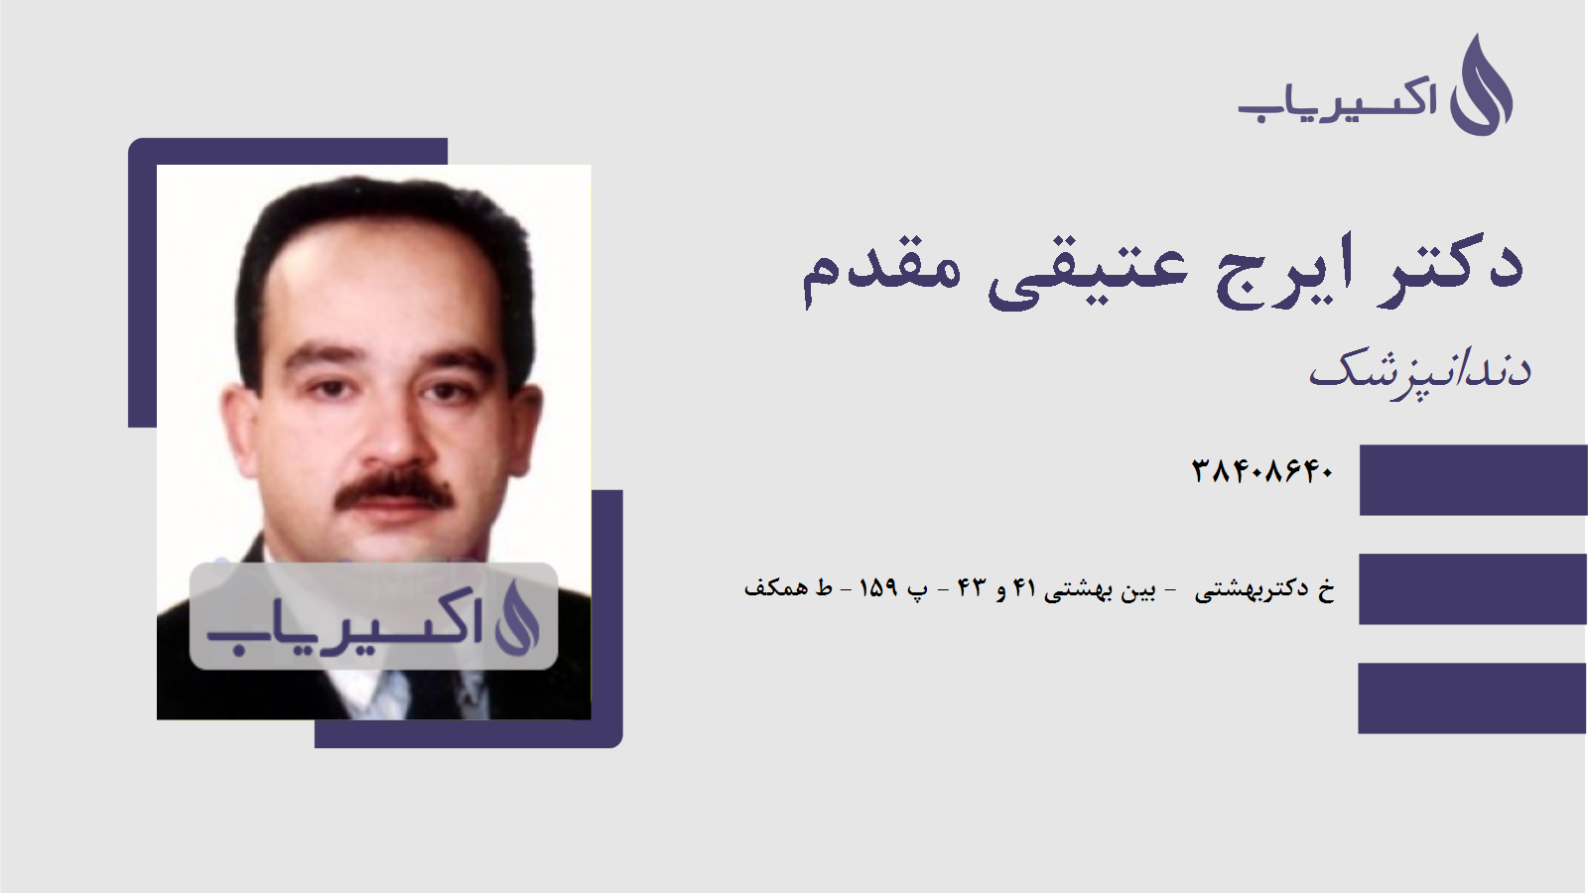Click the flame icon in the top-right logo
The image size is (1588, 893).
click(1481, 87)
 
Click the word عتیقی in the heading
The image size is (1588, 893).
click(1087, 270)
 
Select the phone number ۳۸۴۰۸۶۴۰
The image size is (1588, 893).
click(1262, 471)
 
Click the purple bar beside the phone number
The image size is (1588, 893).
click(1473, 480)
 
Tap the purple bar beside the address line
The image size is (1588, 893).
click(1473, 588)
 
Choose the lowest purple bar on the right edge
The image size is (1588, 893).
click(1473, 698)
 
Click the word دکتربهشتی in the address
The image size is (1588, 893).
click(1252, 589)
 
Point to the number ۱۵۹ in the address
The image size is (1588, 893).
click(878, 588)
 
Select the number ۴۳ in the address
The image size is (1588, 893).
click(971, 588)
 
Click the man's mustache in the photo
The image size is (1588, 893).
click(394, 489)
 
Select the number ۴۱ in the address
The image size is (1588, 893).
click(1024, 588)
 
